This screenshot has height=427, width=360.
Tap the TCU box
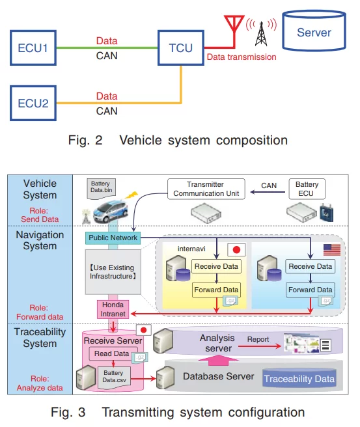pos(180,47)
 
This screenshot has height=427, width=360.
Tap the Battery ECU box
pos(307,189)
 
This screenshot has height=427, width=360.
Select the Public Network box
pos(113,238)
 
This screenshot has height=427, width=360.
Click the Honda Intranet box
pos(112,309)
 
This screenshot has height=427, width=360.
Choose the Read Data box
pos(112,354)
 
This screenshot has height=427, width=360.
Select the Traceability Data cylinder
pos(299,378)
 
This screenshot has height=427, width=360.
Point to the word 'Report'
pos(258,339)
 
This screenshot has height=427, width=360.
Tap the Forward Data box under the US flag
pos(310,289)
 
